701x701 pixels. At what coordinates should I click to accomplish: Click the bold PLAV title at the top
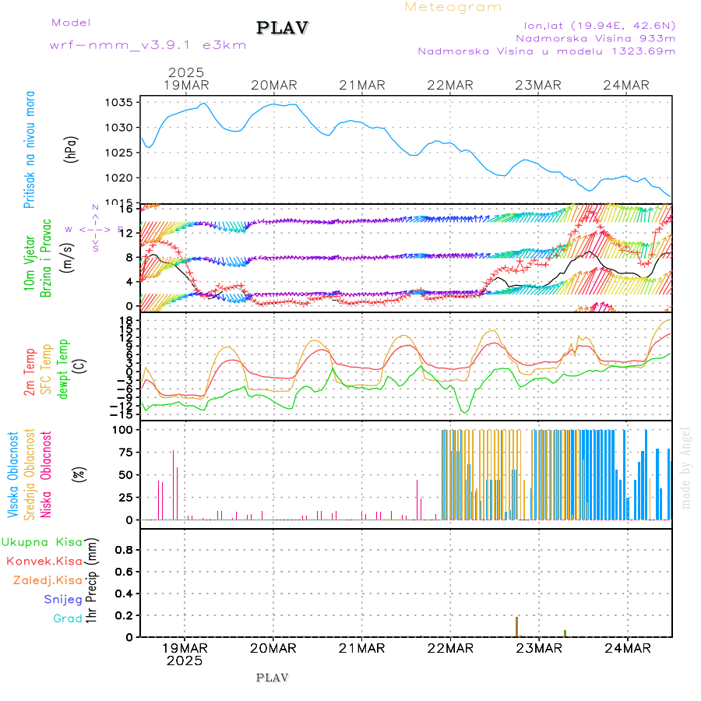click(283, 28)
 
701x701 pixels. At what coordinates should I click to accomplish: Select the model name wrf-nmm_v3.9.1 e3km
click(148, 45)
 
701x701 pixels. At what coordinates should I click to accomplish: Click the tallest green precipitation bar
click(516, 626)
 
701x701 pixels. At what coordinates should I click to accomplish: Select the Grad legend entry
click(67, 618)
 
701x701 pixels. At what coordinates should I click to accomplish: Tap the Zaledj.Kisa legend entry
click(48, 579)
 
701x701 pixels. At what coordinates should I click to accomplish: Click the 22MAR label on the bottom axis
click(450, 648)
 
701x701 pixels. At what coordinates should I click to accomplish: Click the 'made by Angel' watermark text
click(686, 467)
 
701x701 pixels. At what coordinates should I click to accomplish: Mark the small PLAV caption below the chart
click(272, 678)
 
